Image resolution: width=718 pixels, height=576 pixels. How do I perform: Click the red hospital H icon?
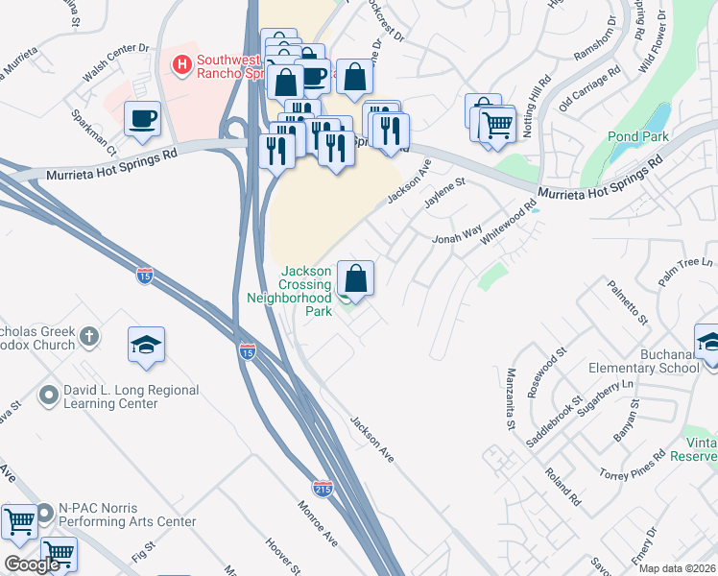[179, 65]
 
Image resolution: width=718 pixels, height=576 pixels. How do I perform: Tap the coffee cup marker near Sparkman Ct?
[142, 119]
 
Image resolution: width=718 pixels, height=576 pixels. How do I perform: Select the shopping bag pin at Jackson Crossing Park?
[355, 278]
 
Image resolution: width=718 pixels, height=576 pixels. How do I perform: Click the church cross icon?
[89, 336]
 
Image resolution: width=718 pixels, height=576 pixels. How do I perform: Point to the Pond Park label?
[637, 136]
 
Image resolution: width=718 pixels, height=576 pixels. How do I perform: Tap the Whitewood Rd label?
[518, 224]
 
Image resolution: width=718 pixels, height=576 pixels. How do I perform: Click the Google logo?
[32, 564]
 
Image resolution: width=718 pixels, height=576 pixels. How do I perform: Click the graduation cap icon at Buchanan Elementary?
[708, 342]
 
